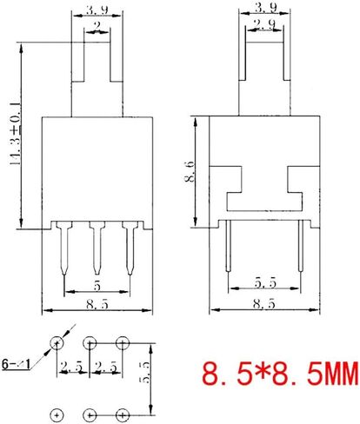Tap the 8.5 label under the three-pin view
pyautogui.click(x=97, y=304)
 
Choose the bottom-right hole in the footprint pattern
pyautogui.click(x=123, y=414)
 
